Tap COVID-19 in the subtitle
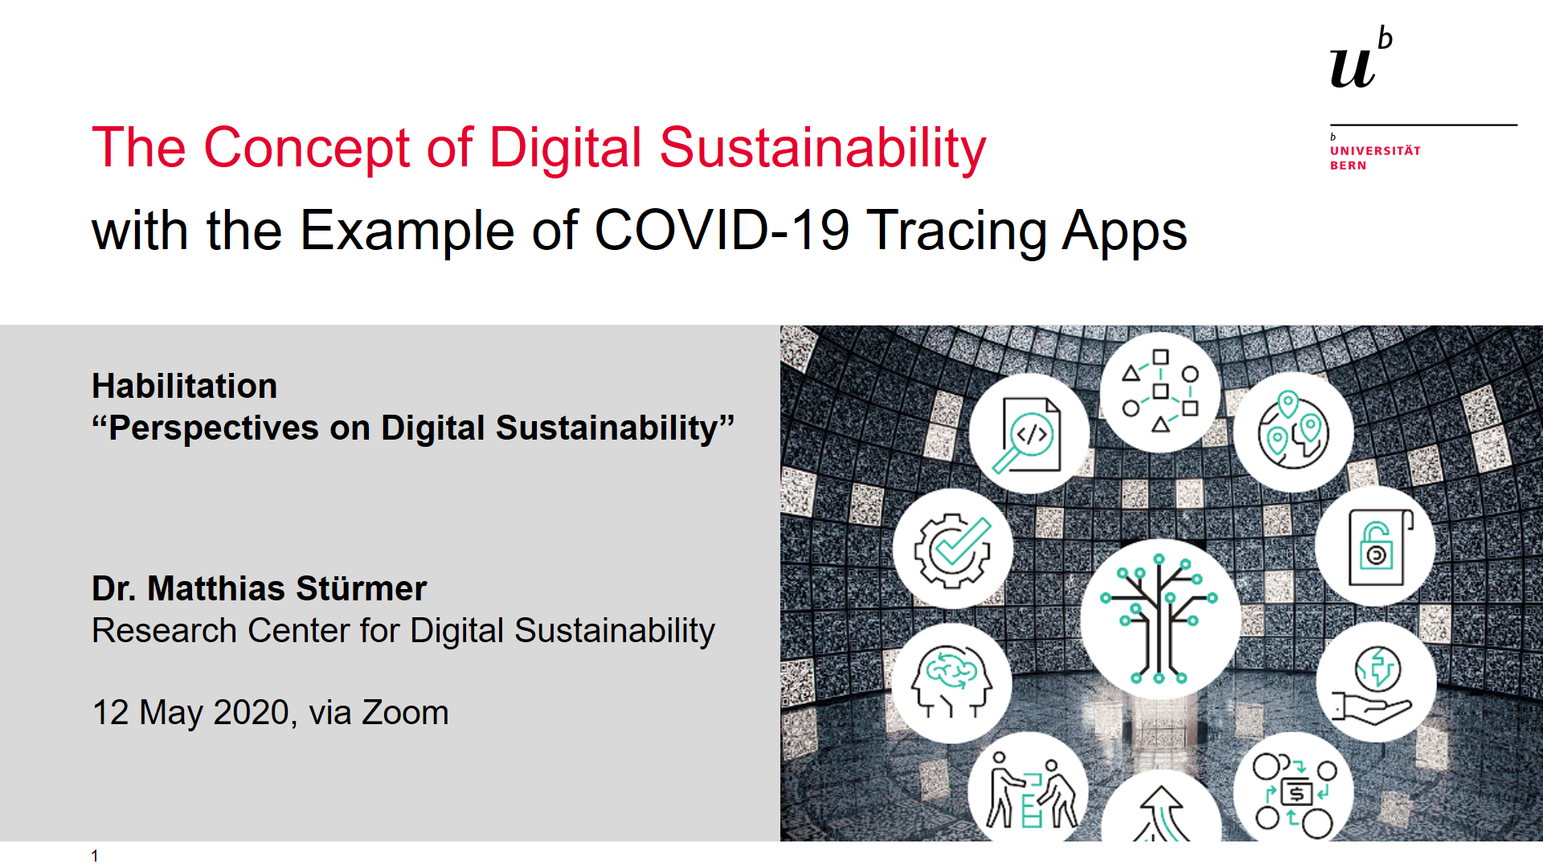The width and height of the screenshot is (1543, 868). click(722, 231)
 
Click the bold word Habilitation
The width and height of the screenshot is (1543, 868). click(185, 386)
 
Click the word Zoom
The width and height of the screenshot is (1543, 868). click(405, 713)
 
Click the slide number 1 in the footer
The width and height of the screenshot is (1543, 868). click(95, 856)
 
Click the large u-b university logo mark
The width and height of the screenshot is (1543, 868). click(1361, 58)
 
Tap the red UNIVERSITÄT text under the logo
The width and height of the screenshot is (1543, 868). click(1375, 150)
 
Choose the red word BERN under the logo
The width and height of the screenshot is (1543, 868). click(1348, 166)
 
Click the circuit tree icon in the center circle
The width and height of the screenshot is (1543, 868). click(1159, 619)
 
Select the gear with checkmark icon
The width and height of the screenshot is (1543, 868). click(953, 551)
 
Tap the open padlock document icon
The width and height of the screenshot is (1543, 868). click(1380, 547)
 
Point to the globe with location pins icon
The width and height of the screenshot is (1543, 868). click(1293, 431)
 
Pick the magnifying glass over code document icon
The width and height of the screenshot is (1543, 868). click(1028, 434)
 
